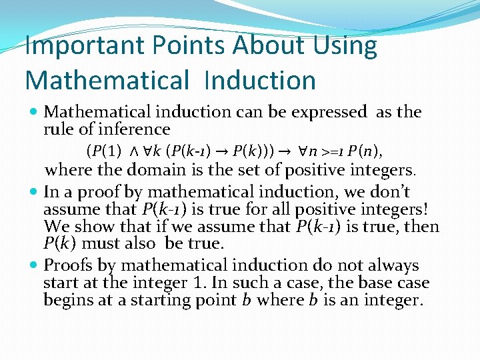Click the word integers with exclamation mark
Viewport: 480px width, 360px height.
(x=379, y=209)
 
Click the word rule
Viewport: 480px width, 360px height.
(x=58, y=129)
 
